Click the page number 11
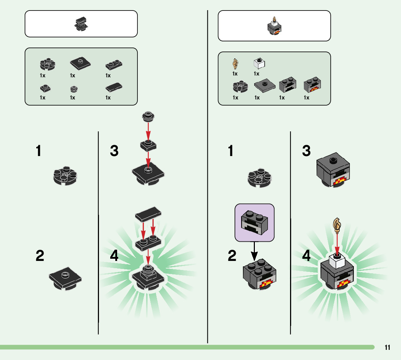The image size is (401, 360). click(388, 348)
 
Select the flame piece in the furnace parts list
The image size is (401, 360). click(235, 64)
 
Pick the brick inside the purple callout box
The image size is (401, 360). click(255, 222)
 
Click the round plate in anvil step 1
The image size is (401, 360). click(65, 176)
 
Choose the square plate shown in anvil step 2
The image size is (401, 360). click(65, 279)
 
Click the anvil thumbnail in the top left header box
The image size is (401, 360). click(81, 24)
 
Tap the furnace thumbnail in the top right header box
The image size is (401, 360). click(274, 27)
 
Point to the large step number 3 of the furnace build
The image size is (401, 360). click(307, 151)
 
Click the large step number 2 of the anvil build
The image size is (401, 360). click(40, 256)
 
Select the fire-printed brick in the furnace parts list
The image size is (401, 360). click(313, 85)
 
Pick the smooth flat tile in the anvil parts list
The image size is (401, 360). click(113, 87)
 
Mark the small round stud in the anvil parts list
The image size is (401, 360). click(74, 88)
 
